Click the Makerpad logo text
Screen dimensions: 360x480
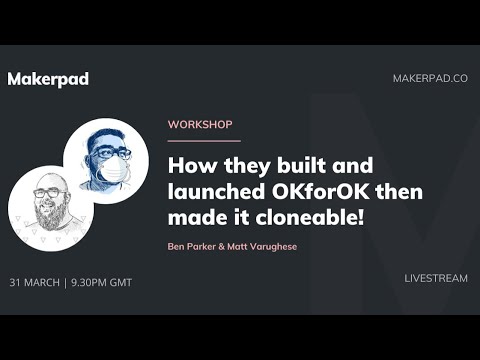click(48, 79)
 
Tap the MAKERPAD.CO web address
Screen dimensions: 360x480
click(430, 79)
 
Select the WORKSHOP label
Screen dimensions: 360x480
click(200, 125)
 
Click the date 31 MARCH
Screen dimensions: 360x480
click(34, 282)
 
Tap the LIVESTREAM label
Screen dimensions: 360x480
click(436, 278)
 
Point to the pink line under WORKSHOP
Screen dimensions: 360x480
click(204, 141)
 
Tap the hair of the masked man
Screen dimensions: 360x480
click(105, 136)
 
